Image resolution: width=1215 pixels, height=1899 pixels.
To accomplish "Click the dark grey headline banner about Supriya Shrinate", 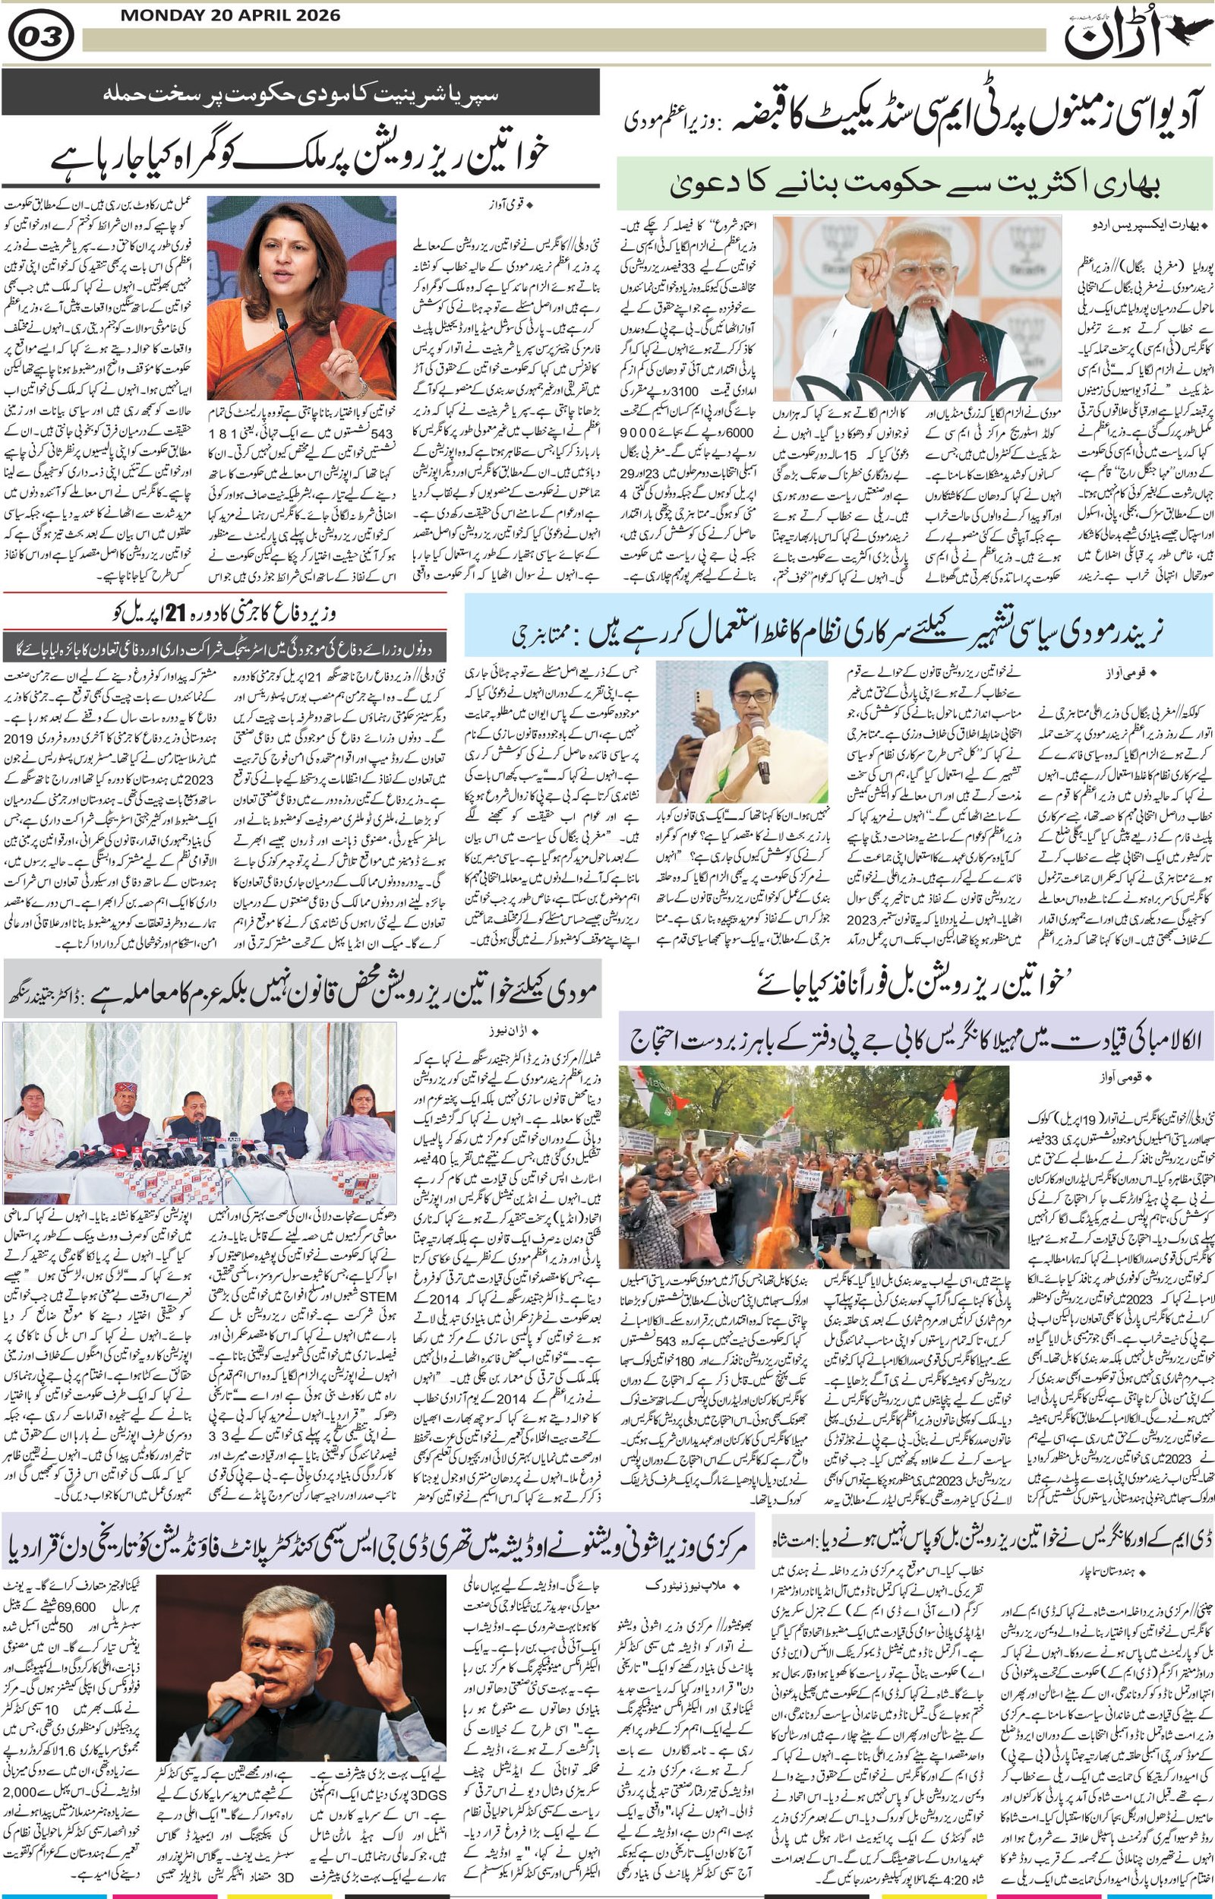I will coord(300,93).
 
